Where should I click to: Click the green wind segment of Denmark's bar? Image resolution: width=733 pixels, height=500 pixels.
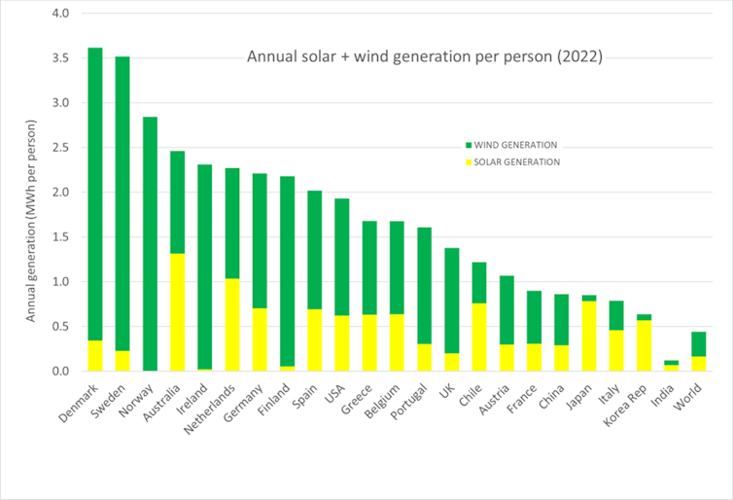click(x=95, y=195)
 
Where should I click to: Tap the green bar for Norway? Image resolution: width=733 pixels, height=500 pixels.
click(x=150, y=243)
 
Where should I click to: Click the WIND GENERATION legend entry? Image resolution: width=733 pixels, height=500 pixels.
click(x=509, y=145)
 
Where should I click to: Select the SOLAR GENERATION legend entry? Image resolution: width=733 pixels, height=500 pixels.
click(x=509, y=161)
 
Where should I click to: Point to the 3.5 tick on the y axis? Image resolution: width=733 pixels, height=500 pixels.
click(x=63, y=58)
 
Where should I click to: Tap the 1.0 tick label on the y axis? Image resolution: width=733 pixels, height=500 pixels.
click(x=63, y=282)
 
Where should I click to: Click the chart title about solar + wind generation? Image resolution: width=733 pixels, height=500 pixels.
click(x=424, y=56)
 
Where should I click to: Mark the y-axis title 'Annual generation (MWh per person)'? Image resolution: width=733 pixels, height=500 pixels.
click(x=31, y=222)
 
